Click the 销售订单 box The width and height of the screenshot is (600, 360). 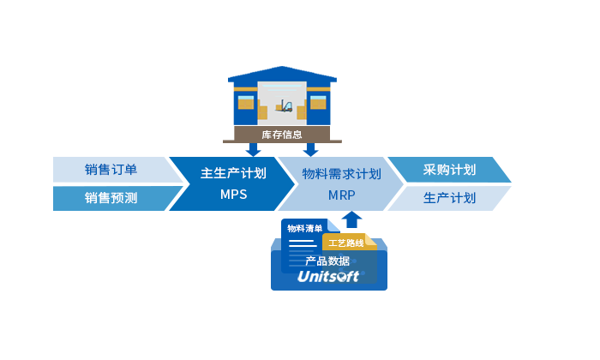pyautogui.click(x=111, y=169)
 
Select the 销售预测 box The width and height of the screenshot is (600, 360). pyautogui.click(x=111, y=198)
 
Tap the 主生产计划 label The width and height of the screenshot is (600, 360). pyautogui.click(x=233, y=173)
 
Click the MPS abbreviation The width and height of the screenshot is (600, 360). pyautogui.click(x=233, y=195)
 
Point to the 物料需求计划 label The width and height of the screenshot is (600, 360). pyautogui.click(x=341, y=173)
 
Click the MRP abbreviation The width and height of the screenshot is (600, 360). pyautogui.click(x=341, y=195)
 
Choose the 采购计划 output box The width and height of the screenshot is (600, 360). pyautogui.click(x=450, y=169)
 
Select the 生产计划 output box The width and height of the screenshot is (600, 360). pyautogui.click(x=450, y=198)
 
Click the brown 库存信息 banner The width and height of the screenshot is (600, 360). pyautogui.click(x=282, y=135)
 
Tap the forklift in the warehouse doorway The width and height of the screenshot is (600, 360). pyautogui.click(x=284, y=107)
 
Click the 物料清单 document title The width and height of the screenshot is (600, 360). pyautogui.click(x=305, y=228)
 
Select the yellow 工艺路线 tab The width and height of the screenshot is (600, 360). pyautogui.click(x=346, y=243)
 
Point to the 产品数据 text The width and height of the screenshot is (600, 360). pyautogui.click(x=327, y=261)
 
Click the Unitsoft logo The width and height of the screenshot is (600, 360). pyautogui.click(x=329, y=276)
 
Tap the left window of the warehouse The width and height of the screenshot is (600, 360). pyautogui.click(x=247, y=103)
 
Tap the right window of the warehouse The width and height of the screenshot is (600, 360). pyautogui.click(x=318, y=103)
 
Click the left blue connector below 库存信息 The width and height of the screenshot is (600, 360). pyautogui.click(x=254, y=150)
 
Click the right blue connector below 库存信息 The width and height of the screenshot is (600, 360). pyautogui.click(x=309, y=150)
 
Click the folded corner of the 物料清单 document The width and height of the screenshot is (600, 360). pyautogui.click(x=334, y=224)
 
